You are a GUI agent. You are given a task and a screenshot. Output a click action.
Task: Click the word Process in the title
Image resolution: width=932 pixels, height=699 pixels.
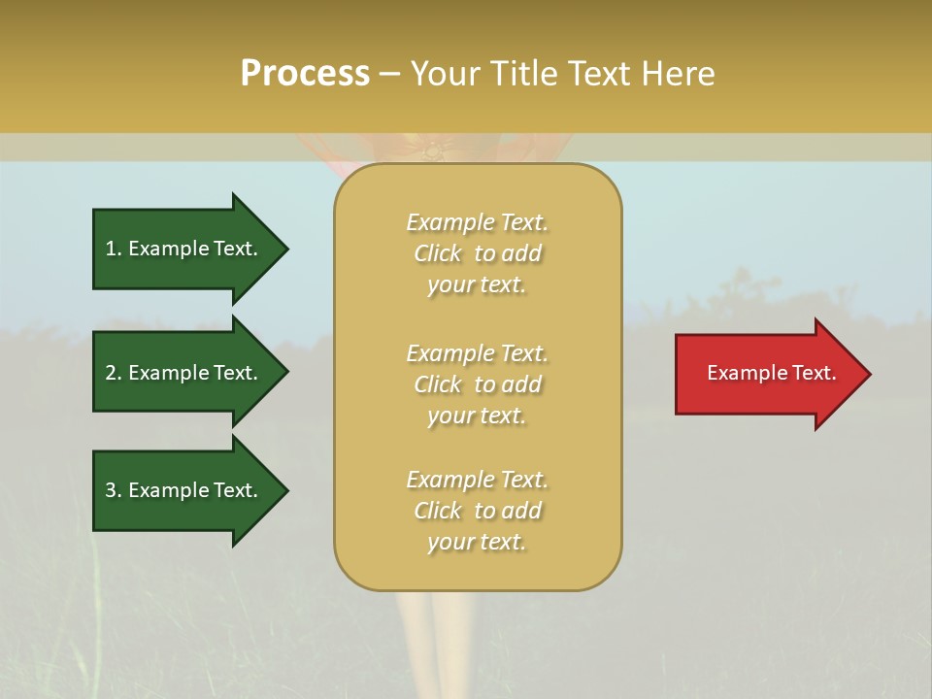click(305, 74)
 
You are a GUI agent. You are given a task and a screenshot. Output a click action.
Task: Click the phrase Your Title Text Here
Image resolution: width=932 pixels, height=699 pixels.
click(562, 74)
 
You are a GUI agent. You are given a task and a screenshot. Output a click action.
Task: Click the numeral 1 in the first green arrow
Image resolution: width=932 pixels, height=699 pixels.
click(110, 249)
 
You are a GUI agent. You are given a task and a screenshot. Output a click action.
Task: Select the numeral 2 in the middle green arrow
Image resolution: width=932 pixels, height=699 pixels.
click(111, 373)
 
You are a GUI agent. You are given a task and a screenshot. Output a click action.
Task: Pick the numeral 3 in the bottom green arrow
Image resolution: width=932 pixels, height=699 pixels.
click(111, 490)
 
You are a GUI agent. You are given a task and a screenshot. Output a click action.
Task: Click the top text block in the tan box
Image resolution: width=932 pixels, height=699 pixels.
click(477, 253)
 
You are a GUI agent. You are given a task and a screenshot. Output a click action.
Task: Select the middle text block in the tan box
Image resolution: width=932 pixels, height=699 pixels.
click(477, 384)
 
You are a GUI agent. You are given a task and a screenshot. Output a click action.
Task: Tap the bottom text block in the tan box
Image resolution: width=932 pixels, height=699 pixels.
click(477, 511)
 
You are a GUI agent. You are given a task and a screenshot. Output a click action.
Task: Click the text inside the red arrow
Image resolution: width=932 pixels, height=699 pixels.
click(771, 373)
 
